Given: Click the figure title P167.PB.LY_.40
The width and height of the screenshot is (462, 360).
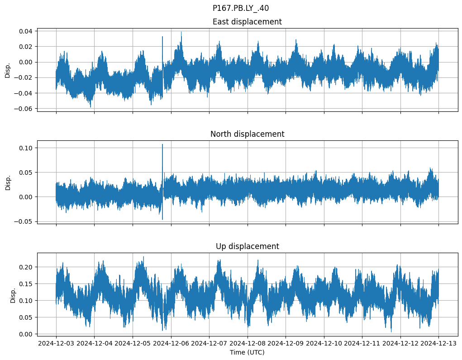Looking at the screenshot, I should (x=241, y=8).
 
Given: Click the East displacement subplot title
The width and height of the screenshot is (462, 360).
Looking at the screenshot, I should (x=247, y=22).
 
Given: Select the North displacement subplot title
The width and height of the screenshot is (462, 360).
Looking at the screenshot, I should (x=247, y=134).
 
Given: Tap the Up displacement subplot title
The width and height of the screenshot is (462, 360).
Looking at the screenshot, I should (x=247, y=246).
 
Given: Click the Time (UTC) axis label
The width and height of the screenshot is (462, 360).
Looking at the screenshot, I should (x=247, y=352).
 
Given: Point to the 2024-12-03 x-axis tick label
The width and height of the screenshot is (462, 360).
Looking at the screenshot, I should (x=56, y=343).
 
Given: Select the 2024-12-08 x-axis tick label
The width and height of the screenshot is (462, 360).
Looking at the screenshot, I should (x=248, y=343).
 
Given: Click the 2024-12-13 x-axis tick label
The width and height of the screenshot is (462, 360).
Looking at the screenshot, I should (x=438, y=343).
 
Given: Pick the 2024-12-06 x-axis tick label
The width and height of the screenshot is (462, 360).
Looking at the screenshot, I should (x=171, y=343).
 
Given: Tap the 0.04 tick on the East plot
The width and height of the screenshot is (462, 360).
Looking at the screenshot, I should (x=26, y=31).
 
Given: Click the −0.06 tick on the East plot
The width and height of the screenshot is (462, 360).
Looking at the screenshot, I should (x=24, y=109).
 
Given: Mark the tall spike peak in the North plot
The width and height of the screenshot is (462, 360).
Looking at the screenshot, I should (x=162, y=144).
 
